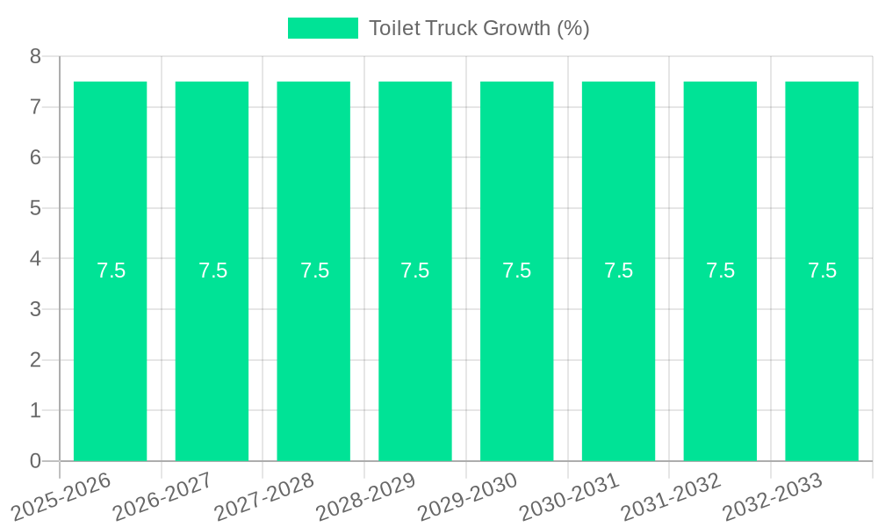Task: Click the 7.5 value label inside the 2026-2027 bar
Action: (212, 271)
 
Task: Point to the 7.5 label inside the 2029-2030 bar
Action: (517, 271)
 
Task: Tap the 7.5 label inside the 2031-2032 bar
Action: (720, 271)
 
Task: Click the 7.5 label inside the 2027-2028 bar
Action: (314, 271)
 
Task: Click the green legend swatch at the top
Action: (323, 28)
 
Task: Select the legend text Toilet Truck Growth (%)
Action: (479, 28)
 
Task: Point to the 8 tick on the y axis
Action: (35, 56)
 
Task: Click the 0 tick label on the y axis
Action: (35, 461)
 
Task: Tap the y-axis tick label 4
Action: (35, 259)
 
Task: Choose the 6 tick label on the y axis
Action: (35, 158)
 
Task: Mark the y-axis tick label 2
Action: (35, 360)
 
